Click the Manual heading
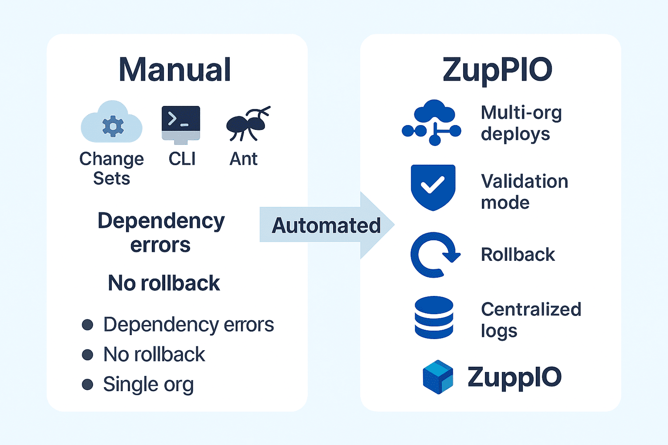coord(175,70)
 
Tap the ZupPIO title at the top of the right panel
coord(497,70)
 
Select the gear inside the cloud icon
coord(113,127)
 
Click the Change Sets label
coord(111,169)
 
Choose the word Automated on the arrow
coord(326,225)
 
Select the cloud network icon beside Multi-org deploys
coord(432,122)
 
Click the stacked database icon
coord(434,317)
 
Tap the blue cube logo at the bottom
coord(438,377)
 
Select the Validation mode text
coord(524,192)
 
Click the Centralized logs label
coord(531,320)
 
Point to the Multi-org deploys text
coord(521,123)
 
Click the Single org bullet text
coord(148,384)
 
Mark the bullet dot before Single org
coord(88,384)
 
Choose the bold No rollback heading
coord(164,283)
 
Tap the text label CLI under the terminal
coord(182,159)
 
